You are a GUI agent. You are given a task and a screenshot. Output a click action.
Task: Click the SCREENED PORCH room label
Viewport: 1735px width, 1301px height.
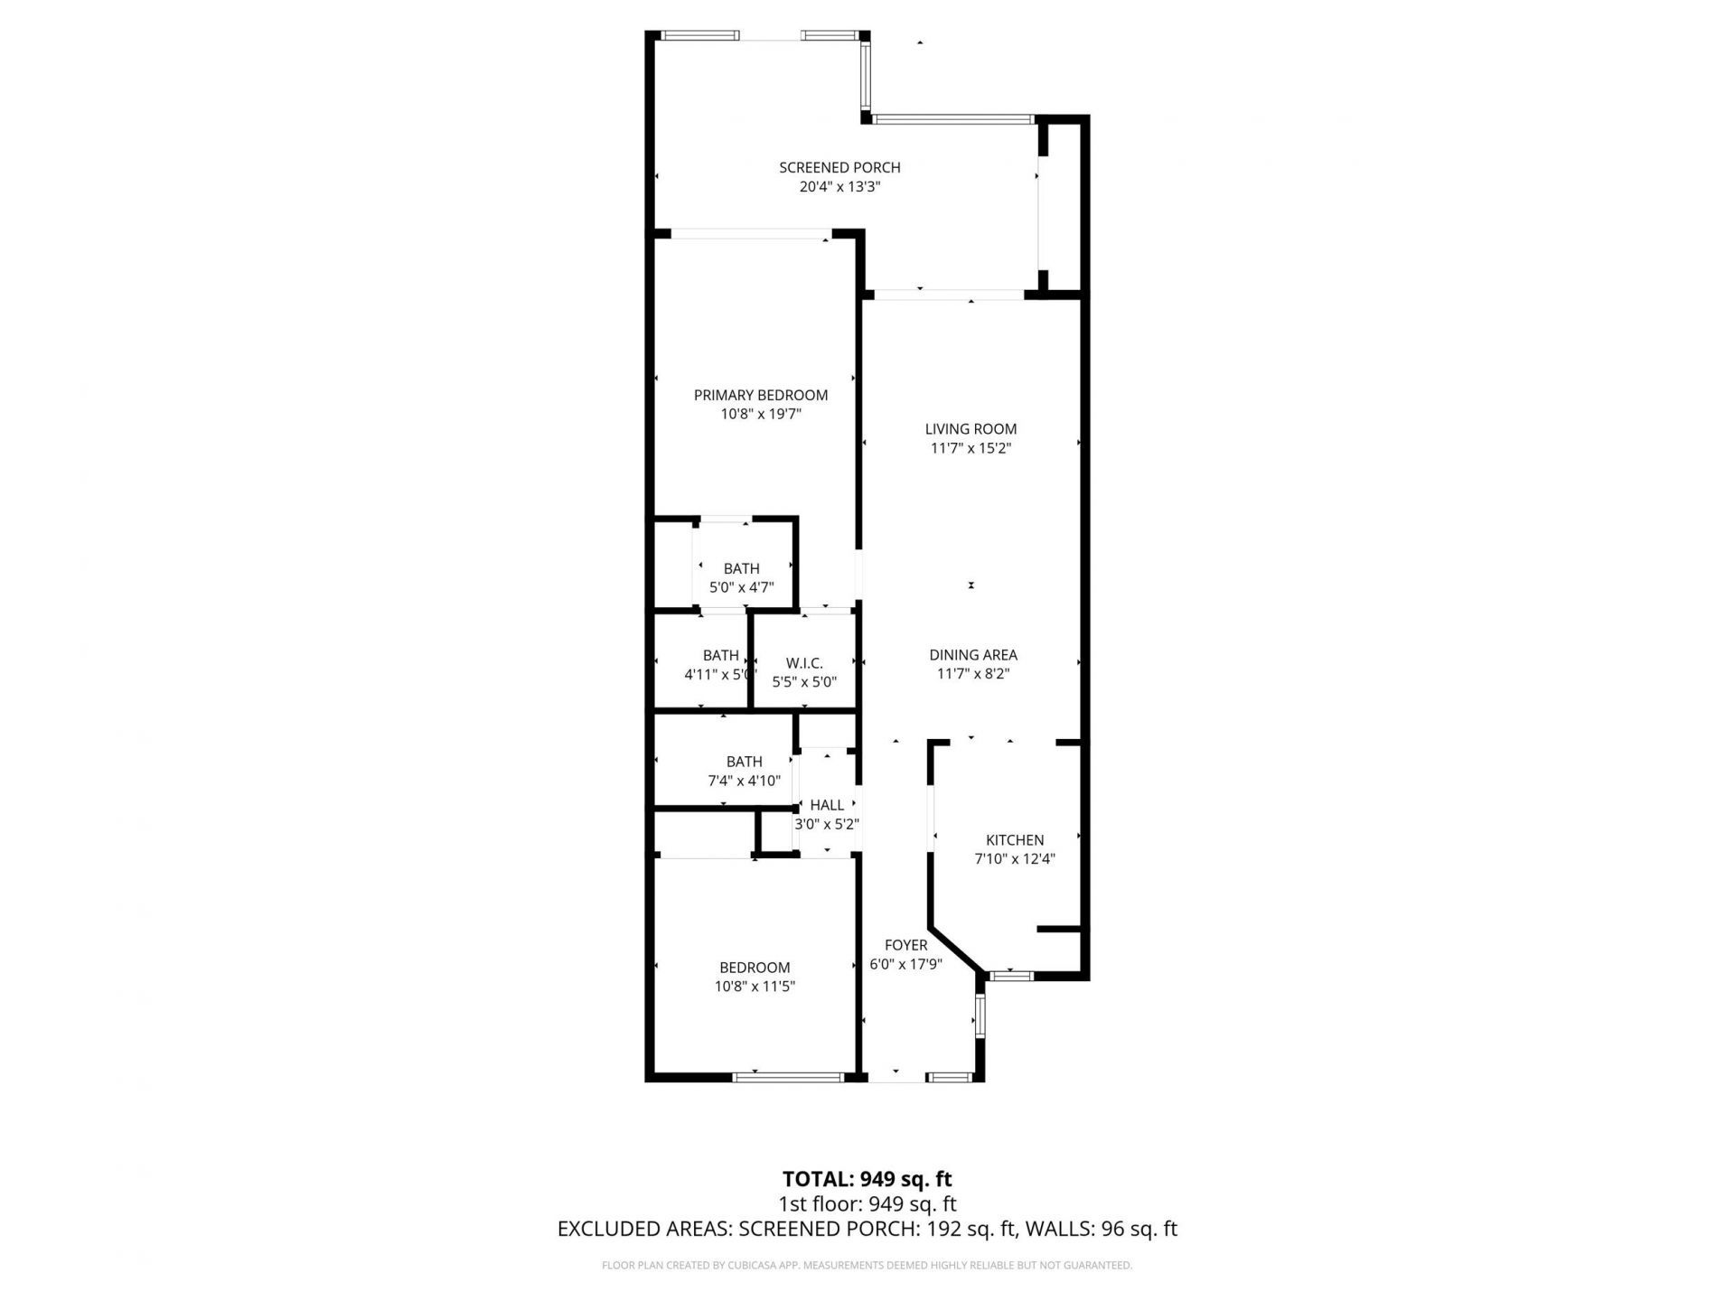point(839,167)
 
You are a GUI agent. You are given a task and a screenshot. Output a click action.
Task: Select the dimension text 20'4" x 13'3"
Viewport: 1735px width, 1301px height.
point(839,187)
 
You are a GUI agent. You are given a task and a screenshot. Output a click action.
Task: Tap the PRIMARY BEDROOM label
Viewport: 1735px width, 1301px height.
point(760,395)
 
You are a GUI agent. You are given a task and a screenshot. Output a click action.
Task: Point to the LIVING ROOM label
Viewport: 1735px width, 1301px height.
point(971,429)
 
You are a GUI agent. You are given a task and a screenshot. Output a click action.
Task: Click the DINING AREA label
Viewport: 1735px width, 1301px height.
point(972,655)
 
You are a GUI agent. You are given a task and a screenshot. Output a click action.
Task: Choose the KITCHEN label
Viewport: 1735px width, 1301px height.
point(1014,840)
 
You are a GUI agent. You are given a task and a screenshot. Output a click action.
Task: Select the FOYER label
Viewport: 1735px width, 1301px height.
point(905,945)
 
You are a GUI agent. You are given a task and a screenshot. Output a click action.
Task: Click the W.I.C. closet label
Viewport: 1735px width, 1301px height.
point(803,663)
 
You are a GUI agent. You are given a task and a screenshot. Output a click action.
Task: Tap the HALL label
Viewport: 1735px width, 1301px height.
point(827,805)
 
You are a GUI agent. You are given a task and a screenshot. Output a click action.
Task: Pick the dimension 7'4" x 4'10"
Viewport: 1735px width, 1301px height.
point(744,781)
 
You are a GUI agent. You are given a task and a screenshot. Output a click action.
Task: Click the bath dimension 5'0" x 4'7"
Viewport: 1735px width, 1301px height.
point(741,587)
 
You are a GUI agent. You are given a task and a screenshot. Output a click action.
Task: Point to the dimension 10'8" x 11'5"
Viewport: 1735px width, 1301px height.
point(755,987)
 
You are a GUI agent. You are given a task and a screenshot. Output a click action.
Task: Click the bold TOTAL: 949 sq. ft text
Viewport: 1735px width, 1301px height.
point(867,1179)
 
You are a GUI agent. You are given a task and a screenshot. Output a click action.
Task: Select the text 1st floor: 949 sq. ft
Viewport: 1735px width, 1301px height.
point(867,1204)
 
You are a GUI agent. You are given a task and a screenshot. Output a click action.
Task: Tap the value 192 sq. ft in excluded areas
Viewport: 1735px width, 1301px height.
point(972,1229)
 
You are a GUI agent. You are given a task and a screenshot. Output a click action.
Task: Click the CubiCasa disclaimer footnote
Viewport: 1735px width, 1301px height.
point(867,1266)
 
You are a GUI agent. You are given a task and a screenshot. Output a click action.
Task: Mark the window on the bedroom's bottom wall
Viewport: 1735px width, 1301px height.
point(787,1077)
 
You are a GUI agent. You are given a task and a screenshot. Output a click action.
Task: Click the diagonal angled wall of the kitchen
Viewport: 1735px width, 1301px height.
point(954,948)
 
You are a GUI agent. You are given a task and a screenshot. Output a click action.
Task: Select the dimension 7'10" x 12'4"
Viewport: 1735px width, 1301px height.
point(1014,859)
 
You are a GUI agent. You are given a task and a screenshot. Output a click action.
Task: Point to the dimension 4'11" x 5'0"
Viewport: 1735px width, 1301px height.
point(719,674)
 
